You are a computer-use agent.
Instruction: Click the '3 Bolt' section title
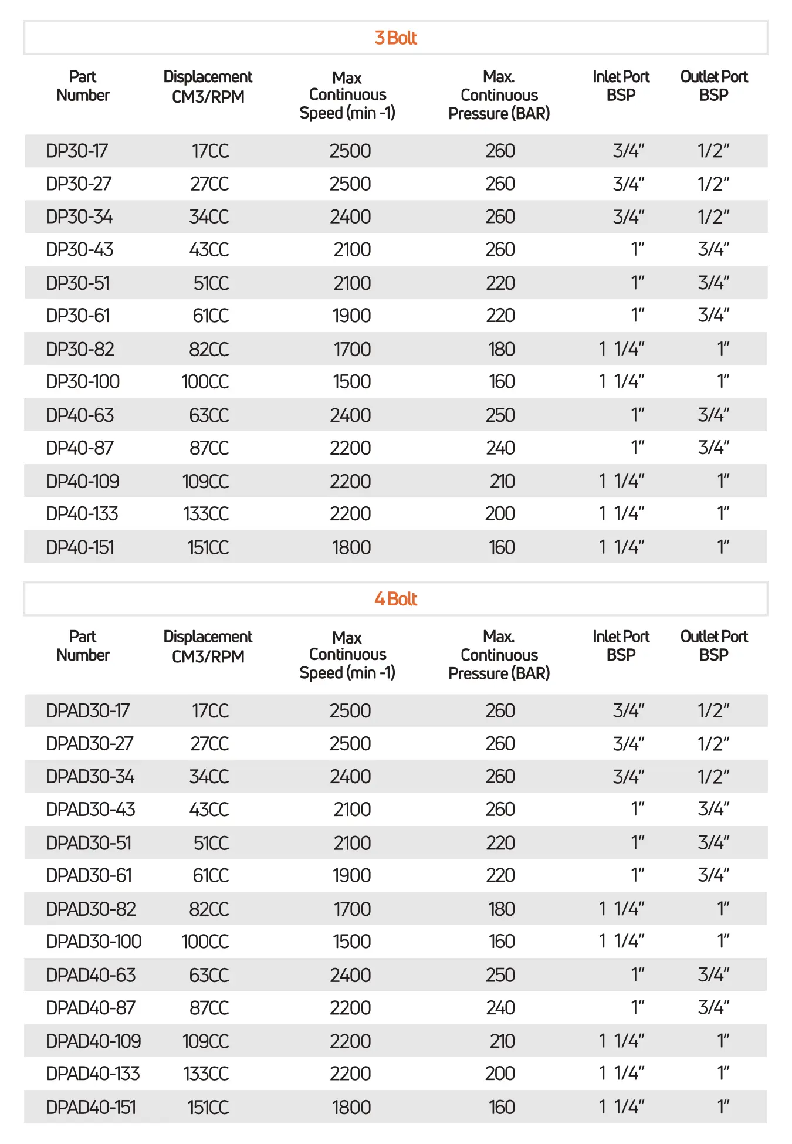[395, 38]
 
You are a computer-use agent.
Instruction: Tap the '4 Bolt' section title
[395, 599]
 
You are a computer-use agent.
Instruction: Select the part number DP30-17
[77, 151]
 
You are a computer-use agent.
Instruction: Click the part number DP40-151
[80, 547]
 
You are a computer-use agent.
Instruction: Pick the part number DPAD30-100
[94, 942]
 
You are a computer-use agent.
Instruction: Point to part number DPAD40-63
[91, 975]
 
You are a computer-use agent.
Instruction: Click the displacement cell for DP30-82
[209, 350]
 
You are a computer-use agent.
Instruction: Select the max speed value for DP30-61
[351, 316]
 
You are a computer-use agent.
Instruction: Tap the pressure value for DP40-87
[500, 448]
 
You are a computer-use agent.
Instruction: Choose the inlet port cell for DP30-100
[621, 382]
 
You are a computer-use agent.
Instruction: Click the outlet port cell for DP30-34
[713, 217]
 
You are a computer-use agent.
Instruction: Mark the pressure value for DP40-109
[502, 482]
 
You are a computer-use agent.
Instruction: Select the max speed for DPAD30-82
[352, 909]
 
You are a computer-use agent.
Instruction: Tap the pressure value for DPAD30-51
[500, 843]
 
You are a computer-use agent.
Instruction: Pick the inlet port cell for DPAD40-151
[621, 1107]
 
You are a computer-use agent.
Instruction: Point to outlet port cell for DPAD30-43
[713, 810]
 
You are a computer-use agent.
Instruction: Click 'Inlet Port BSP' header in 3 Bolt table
[621, 86]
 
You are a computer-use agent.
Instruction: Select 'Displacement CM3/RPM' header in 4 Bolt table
[208, 647]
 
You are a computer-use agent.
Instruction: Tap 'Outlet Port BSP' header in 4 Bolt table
[714, 646]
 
